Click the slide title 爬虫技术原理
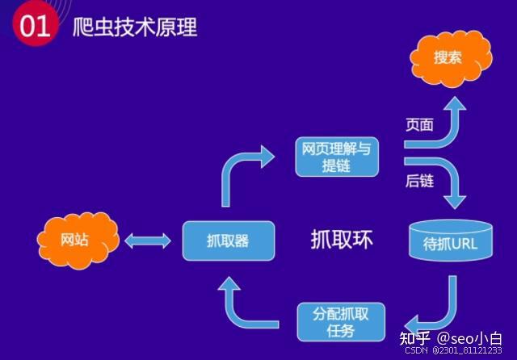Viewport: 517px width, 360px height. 135,27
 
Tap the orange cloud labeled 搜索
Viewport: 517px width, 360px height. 451,59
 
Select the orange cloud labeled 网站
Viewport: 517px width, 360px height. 78,241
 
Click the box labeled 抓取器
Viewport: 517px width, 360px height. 229,241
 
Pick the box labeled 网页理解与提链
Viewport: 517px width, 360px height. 337,157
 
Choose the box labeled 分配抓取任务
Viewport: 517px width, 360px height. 341,322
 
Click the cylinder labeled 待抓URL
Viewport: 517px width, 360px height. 451,241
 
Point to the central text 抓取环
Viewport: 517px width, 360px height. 342,240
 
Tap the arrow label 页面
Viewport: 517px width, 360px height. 419,125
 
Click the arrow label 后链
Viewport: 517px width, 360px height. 419,181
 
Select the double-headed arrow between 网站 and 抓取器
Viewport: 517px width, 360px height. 148,241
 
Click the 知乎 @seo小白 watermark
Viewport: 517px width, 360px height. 451,338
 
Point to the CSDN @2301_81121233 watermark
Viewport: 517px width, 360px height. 453,350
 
